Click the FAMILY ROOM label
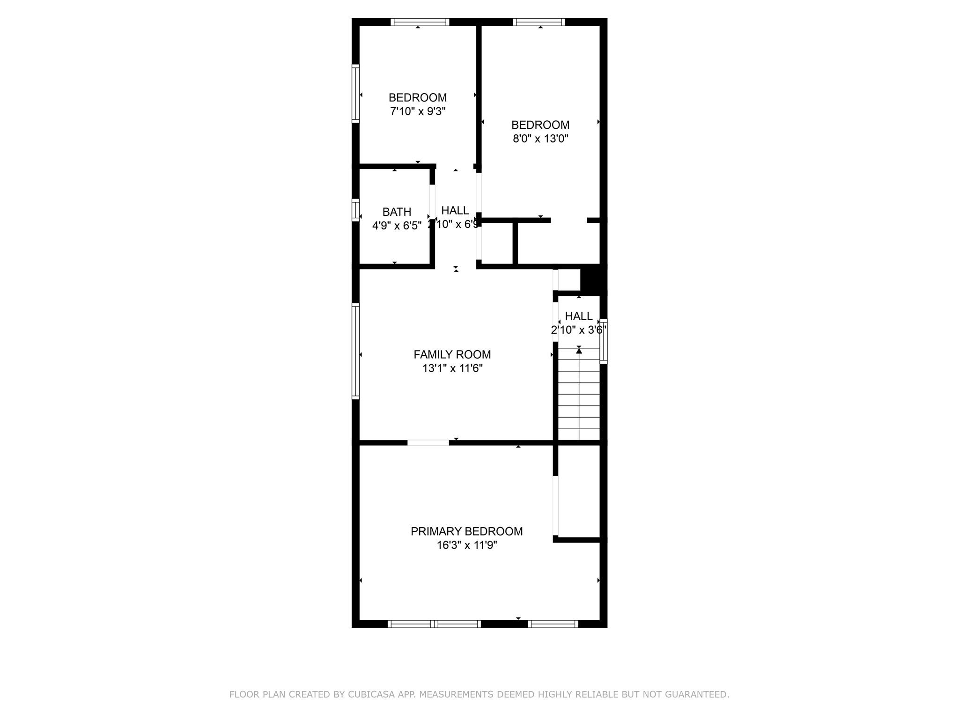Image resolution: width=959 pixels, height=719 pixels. tap(452, 354)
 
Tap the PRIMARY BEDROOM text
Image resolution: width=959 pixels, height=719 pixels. tap(466, 531)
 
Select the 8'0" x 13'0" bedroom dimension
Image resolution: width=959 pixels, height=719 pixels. tap(540, 139)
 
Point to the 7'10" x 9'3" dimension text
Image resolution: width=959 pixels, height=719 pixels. tap(417, 111)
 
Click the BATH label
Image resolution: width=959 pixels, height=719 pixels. tap(397, 212)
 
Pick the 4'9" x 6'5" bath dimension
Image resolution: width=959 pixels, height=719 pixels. tap(397, 226)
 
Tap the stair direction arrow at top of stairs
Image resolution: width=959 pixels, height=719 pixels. tap(579, 350)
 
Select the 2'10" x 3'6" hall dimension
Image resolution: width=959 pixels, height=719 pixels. tap(578, 330)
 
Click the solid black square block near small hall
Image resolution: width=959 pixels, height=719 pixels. tap(593, 279)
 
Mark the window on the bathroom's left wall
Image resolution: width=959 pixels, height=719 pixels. tap(355, 210)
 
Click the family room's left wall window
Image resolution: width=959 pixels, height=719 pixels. tap(355, 351)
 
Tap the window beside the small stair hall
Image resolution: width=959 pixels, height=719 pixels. tap(604, 341)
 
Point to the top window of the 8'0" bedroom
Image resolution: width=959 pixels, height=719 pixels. tap(539, 22)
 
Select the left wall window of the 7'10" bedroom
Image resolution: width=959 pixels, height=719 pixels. tap(355, 94)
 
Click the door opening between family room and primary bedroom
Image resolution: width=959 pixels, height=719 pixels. tap(428, 442)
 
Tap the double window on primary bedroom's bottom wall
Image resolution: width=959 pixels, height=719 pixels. tap(434, 624)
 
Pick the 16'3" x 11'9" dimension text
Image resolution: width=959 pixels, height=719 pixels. tap(466, 545)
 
